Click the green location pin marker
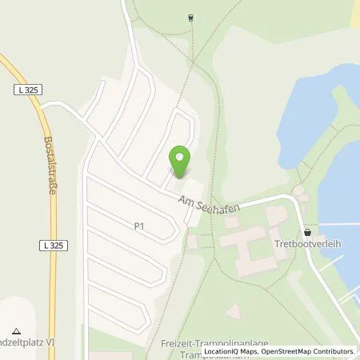coord(180,162)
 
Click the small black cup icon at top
coord(190,16)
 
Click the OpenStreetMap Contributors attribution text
coord(310,351)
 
